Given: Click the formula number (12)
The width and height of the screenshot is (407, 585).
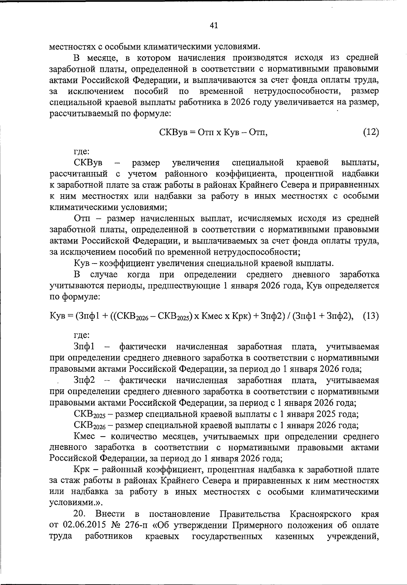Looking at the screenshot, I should pos(371,132).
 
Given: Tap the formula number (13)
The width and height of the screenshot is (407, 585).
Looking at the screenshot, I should pos(371,316).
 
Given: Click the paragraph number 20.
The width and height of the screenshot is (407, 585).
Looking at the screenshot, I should pos(80,514).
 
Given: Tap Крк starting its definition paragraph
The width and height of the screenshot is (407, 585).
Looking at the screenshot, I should pos(81,470).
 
